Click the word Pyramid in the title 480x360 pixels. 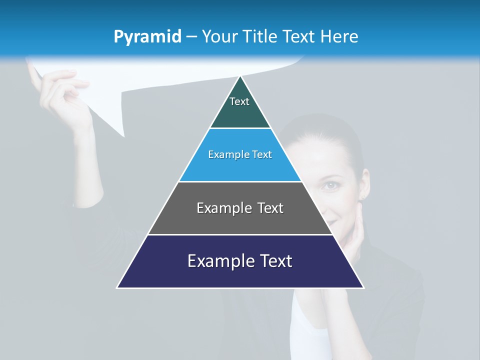click(147, 37)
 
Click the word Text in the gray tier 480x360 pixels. click(267, 208)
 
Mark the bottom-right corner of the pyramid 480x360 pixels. click(363, 287)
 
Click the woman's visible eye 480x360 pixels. click(330, 186)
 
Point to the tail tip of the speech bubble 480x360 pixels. click(123, 135)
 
